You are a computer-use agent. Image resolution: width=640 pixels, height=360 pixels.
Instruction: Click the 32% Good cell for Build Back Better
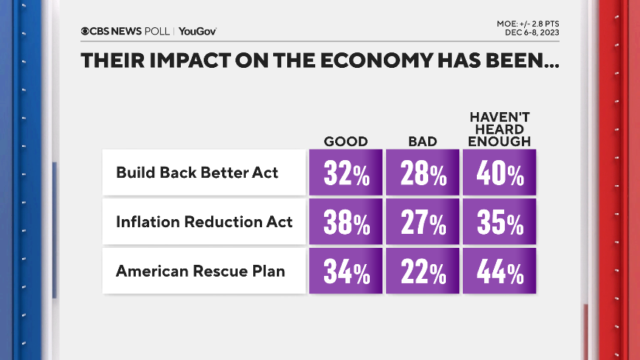click(345, 173)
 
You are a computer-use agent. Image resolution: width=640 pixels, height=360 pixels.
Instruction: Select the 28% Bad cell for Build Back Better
click(422, 173)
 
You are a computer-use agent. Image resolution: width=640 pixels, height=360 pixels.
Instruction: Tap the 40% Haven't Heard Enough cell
click(499, 173)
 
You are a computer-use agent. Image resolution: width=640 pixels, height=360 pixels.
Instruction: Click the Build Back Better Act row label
click(197, 173)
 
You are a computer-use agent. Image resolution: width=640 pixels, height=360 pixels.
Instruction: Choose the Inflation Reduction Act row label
click(204, 222)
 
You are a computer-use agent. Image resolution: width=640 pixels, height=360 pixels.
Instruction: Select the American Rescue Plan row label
click(200, 271)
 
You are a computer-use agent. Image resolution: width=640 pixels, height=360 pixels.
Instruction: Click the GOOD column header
click(345, 141)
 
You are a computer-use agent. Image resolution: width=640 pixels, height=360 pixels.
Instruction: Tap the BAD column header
click(422, 141)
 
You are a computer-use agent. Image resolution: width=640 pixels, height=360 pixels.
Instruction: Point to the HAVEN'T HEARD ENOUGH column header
click(500, 129)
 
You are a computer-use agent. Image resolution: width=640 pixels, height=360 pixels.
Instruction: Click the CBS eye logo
click(86, 31)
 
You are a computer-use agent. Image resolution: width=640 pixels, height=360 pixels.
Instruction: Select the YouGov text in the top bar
click(197, 31)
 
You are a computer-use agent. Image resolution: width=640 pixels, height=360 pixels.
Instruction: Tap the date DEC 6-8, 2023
click(533, 33)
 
